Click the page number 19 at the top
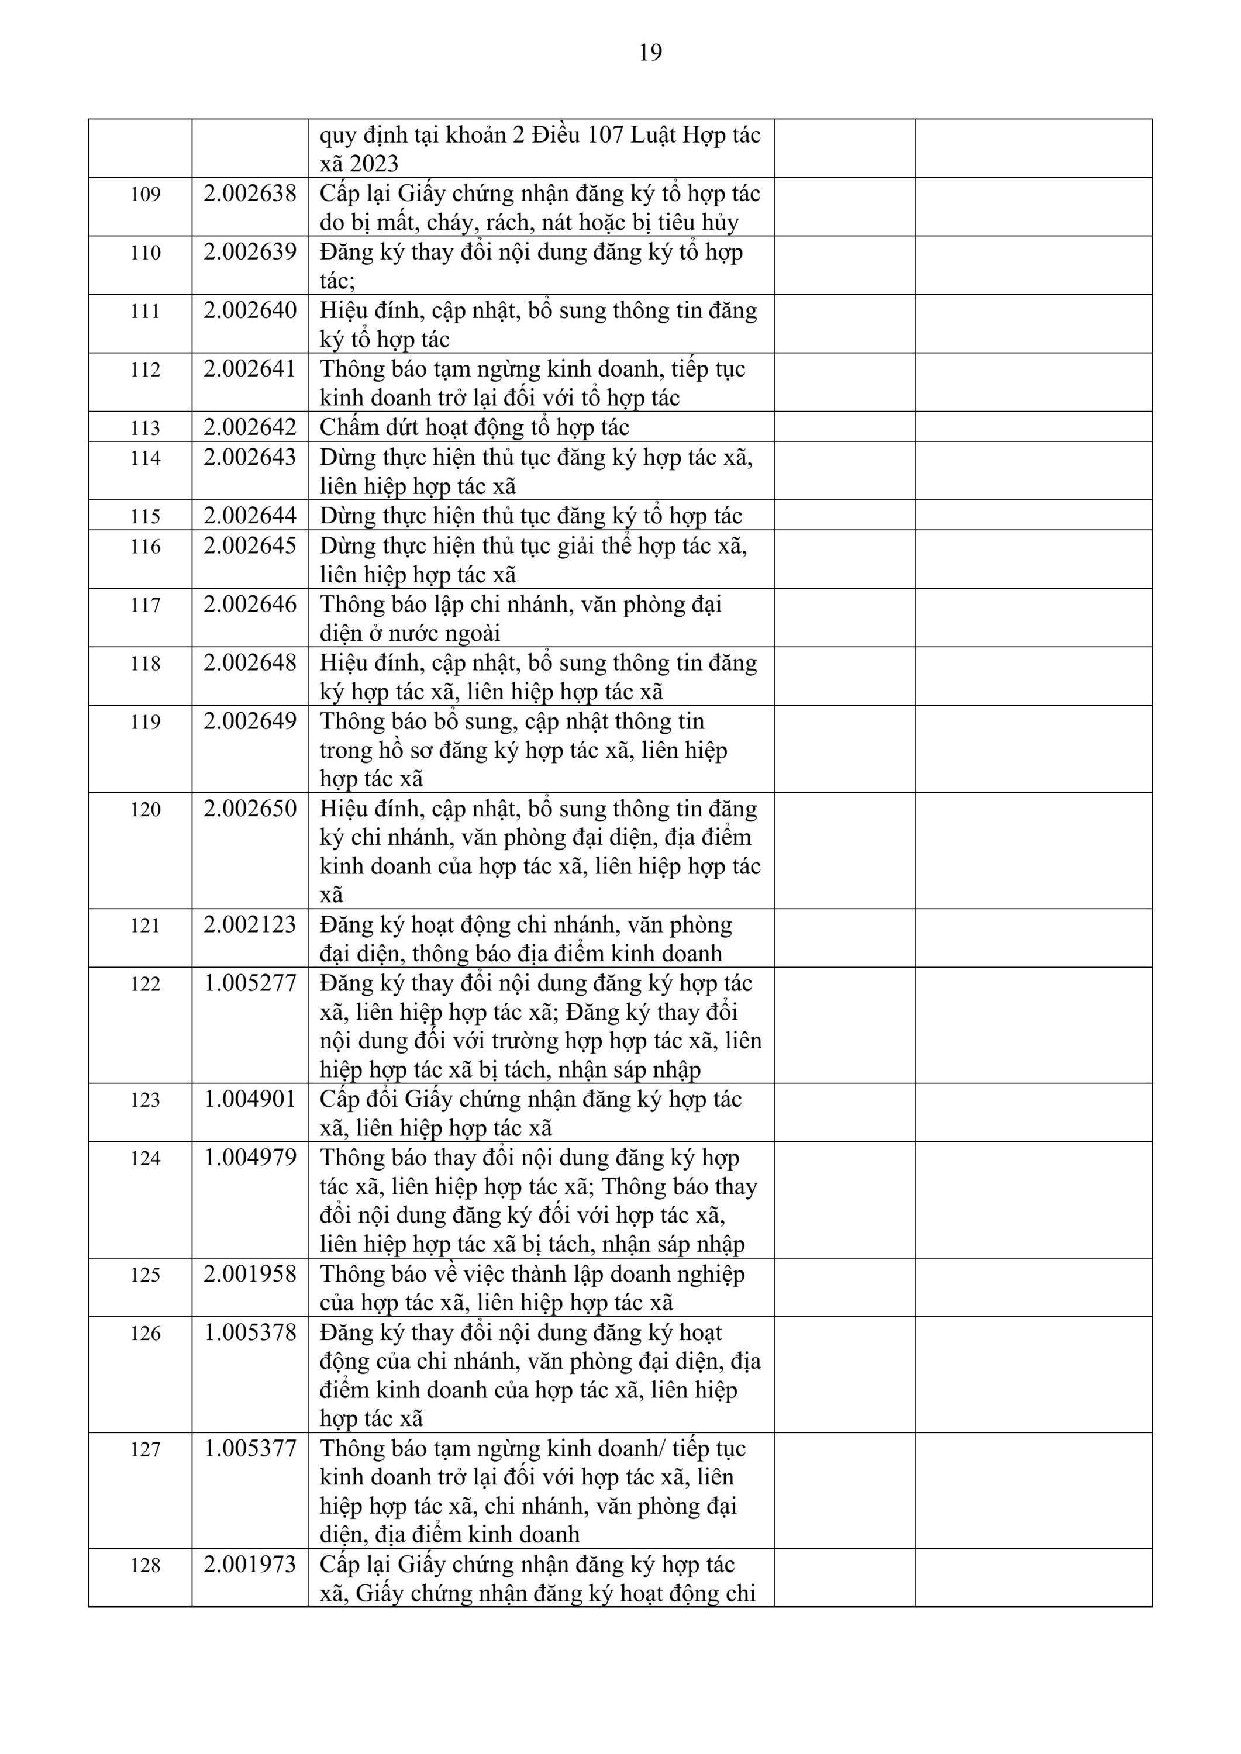coord(650,53)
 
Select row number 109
coord(145,194)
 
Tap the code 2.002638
coord(250,194)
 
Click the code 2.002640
coord(250,310)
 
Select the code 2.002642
coord(250,427)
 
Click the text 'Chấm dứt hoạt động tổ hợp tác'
coord(474,427)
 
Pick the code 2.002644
coord(250,516)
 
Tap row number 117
coord(145,605)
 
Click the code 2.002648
coord(250,662)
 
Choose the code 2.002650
coord(250,808)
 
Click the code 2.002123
coord(250,925)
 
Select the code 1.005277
coord(250,983)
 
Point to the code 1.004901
coord(250,1099)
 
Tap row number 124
coord(145,1159)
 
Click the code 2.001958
coord(250,1274)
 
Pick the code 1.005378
coord(250,1333)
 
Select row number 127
coord(145,1450)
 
